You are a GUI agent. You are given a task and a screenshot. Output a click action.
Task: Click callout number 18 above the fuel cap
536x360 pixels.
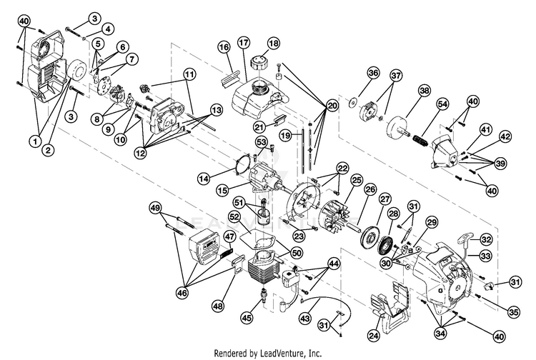point(272,43)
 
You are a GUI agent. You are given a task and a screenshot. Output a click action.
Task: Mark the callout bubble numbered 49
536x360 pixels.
point(155,207)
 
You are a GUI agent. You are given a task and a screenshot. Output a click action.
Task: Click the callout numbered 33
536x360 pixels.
point(486,255)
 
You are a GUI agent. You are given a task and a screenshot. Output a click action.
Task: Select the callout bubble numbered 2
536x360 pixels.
point(49,149)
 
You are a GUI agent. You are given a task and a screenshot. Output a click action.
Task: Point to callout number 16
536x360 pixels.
point(224,47)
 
